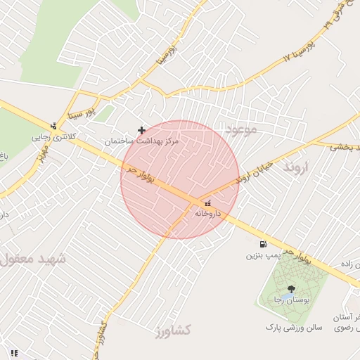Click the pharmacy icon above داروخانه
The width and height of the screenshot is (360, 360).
click(x=196, y=204)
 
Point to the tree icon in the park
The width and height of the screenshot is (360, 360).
click(x=290, y=288)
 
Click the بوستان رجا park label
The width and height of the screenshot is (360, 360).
click(x=290, y=300)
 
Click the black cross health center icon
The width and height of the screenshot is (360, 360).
click(x=142, y=130)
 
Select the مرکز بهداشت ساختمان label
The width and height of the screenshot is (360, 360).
click(x=143, y=141)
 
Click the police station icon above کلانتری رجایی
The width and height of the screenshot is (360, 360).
click(x=53, y=126)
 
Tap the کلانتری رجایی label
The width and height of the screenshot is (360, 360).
click(x=49, y=138)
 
